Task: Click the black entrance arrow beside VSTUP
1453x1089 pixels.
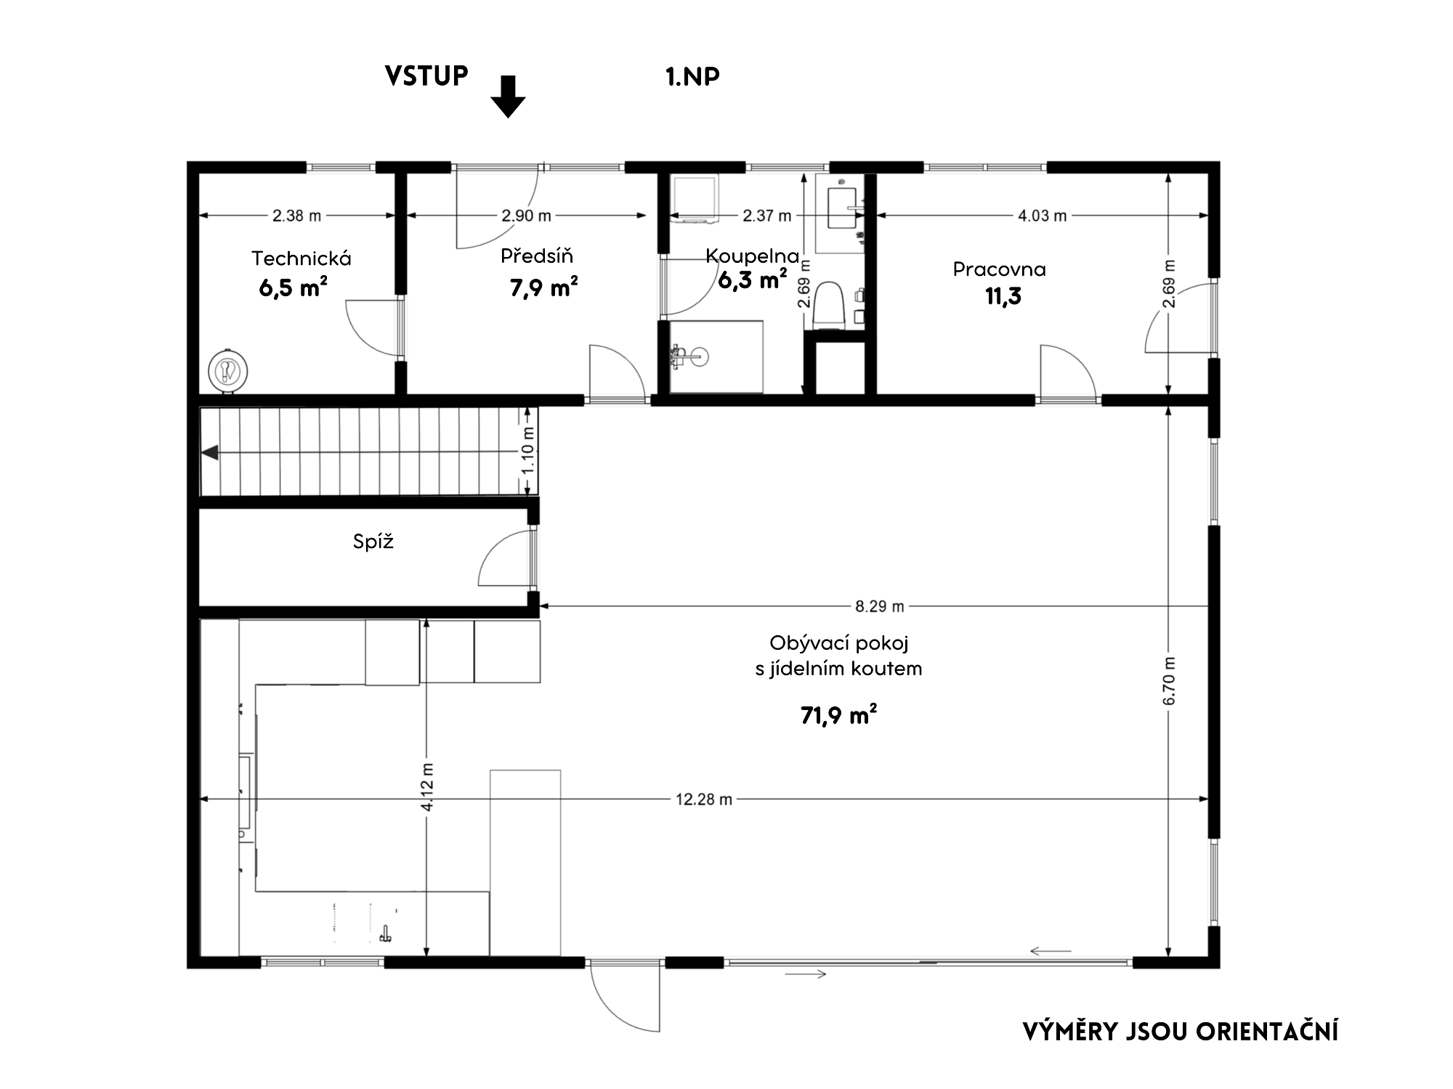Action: point(508,97)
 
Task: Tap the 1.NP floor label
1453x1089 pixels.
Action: point(692,76)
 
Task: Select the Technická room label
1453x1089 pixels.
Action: point(301,258)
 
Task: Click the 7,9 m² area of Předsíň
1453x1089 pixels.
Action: point(544,288)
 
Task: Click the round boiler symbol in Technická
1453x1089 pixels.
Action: point(228,372)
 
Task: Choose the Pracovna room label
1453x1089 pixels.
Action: point(1000,269)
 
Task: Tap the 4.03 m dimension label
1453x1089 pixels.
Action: point(1042,216)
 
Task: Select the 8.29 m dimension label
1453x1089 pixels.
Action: point(880,605)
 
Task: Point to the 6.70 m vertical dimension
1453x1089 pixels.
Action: point(1169,681)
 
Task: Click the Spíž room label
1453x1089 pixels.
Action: point(373,542)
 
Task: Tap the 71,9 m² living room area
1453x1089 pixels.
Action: point(838,716)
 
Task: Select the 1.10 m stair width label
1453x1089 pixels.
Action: point(528,450)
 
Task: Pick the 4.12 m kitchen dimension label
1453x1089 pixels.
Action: point(427,787)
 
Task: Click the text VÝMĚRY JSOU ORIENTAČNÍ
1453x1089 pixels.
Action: point(1181,1032)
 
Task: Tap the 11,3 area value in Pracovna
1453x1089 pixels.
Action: point(1003,296)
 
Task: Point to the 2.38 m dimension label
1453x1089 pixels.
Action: point(296,216)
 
